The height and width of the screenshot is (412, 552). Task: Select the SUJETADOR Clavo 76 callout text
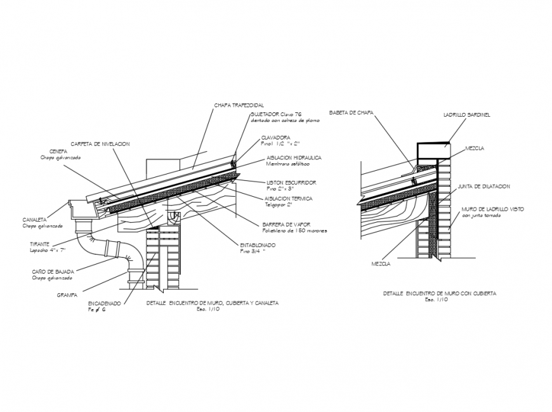(x=275, y=114)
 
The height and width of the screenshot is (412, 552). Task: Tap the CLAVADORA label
(x=275, y=137)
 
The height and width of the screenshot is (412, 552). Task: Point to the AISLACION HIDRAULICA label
(x=294, y=156)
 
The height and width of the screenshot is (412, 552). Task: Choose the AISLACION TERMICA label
(x=289, y=197)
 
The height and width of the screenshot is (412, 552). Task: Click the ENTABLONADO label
(x=257, y=244)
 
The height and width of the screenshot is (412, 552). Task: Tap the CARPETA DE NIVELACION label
(x=100, y=143)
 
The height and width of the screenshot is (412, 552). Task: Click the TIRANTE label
(x=40, y=244)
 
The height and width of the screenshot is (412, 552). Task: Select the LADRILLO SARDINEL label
(x=466, y=115)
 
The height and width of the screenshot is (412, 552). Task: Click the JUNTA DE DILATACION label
(x=484, y=186)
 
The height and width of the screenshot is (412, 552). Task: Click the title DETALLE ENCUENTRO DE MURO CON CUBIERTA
(x=440, y=293)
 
